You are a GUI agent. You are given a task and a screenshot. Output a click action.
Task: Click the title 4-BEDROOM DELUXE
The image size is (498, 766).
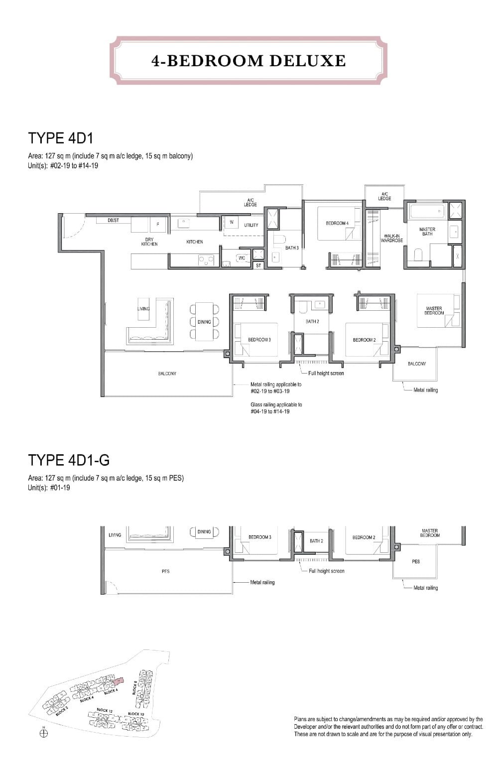249,60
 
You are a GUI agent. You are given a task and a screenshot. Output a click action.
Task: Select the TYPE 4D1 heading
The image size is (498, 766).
61,137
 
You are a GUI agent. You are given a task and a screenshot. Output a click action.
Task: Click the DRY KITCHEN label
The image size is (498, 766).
149,242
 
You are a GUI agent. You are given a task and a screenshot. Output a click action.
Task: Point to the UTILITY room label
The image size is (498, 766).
251,225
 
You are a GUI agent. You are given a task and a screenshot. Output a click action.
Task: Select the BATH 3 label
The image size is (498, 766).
292,248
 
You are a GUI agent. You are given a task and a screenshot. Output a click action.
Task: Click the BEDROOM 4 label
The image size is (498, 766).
337,223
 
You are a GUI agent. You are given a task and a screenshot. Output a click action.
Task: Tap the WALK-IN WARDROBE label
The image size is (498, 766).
392,238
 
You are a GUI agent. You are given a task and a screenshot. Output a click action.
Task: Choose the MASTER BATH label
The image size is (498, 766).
427,232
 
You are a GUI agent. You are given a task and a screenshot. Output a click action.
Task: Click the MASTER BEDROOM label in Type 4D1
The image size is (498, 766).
434,310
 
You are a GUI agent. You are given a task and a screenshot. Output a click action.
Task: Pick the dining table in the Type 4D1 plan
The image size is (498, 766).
204,322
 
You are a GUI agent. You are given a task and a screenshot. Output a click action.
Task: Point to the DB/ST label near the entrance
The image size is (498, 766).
113,220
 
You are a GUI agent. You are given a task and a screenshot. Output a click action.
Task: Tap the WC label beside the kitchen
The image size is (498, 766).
242,258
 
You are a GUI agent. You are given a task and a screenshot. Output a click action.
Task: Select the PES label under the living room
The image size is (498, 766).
166,571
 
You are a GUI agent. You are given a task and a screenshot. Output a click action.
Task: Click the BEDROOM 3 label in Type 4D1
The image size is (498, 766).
259,340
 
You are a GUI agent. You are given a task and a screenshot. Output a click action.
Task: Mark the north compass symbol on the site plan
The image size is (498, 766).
43,733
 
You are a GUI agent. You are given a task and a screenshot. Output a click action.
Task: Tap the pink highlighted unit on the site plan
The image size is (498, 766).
118,681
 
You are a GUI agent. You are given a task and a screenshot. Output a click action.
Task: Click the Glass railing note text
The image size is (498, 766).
276,408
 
